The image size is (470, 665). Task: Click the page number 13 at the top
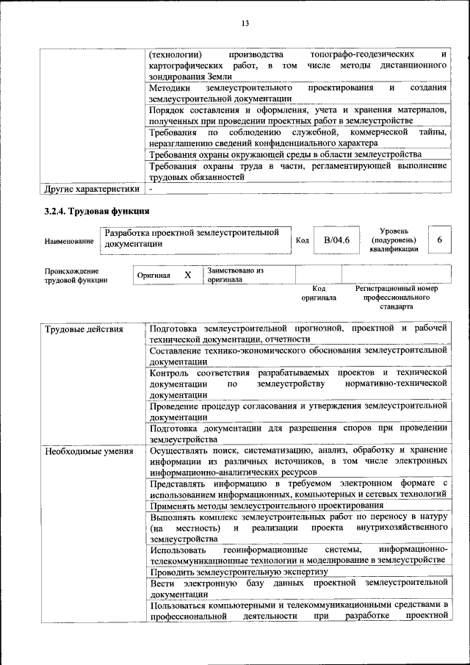pyautogui.click(x=246, y=24)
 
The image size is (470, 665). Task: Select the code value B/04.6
pyautogui.click(x=337, y=240)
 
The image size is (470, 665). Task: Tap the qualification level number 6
pyautogui.click(x=439, y=240)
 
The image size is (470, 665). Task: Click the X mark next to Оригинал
pyautogui.click(x=187, y=275)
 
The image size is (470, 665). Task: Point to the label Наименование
pyautogui.click(x=69, y=240)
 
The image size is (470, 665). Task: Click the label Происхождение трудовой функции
pyautogui.click(x=76, y=275)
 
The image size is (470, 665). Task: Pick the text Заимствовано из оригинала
pyautogui.click(x=235, y=275)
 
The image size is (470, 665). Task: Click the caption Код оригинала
pyautogui.click(x=319, y=293)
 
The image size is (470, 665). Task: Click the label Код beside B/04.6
pyautogui.click(x=302, y=240)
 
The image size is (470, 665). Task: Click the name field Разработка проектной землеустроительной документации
pyautogui.click(x=192, y=238)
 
